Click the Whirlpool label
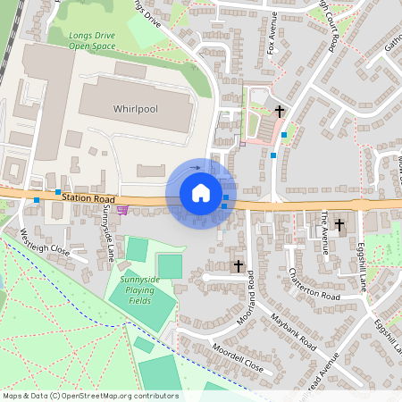click(x=135, y=108)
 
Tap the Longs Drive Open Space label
click(x=93, y=40)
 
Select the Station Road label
click(x=89, y=197)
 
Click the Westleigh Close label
click(x=44, y=243)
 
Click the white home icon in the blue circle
click(x=200, y=193)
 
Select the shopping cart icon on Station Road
click(x=122, y=210)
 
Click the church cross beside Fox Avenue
click(x=281, y=111)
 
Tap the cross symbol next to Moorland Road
click(x=238, y=265)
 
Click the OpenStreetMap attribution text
click(x=90, y=396)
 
